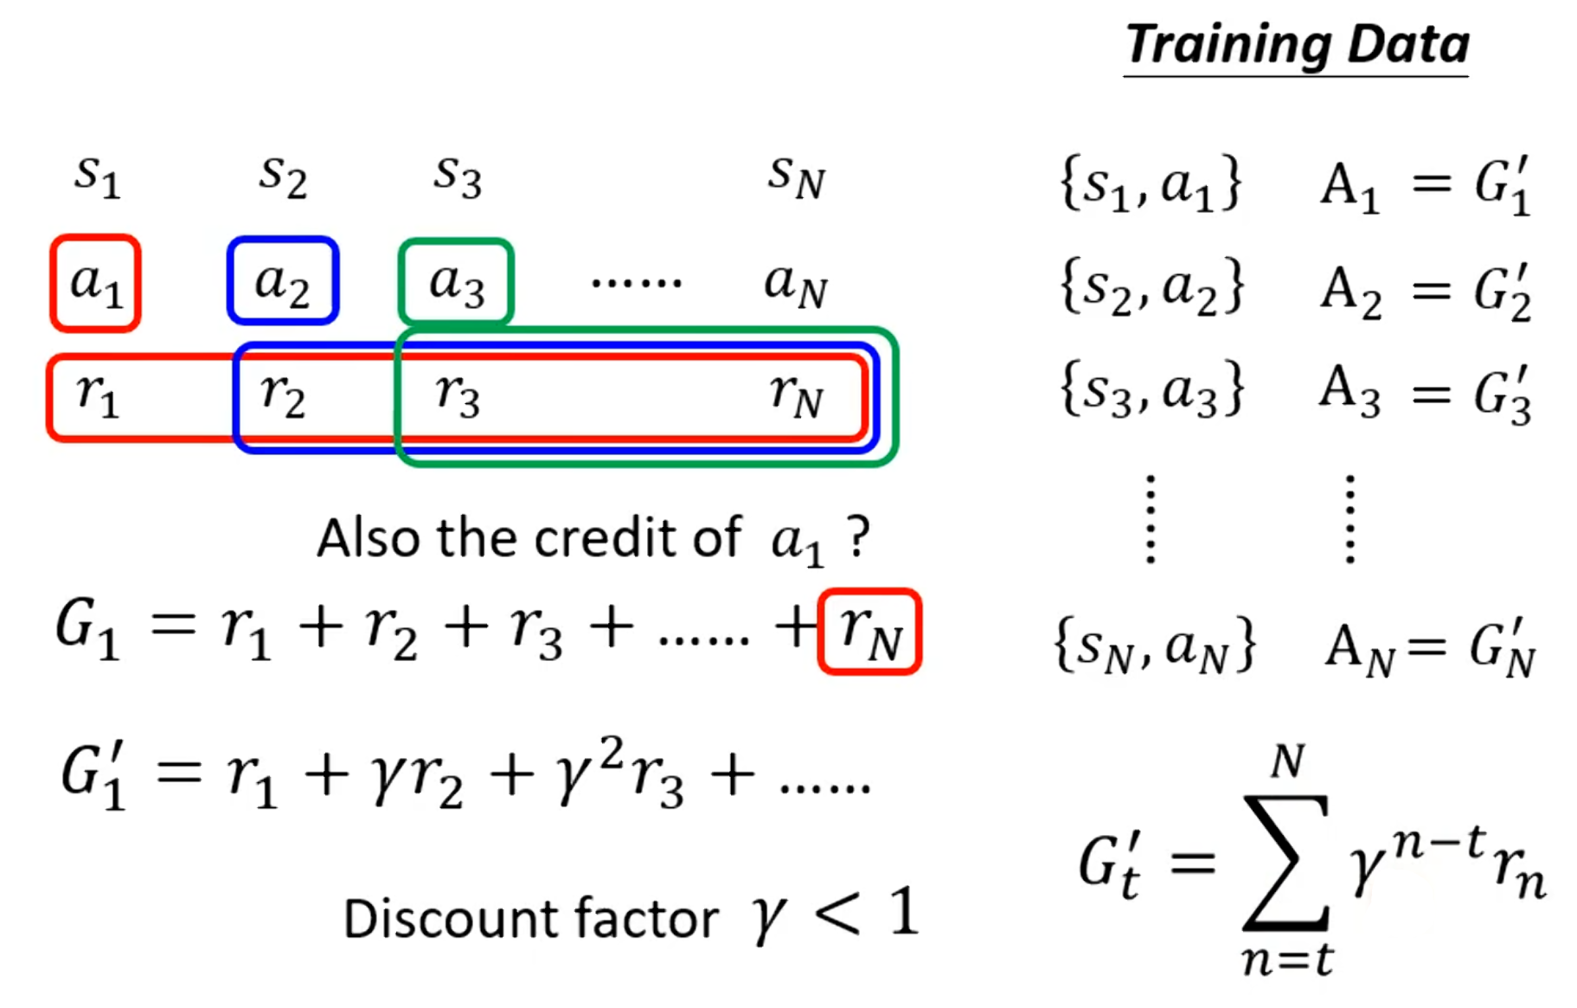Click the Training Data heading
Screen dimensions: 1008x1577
[1296, 45]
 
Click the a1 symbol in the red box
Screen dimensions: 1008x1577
[95, 283]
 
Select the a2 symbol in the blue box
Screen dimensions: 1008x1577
[282, 282]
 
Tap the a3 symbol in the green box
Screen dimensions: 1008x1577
[456, 283]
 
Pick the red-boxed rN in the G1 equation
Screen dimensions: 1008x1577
[869, 632]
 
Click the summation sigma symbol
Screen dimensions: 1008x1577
[1285, 862]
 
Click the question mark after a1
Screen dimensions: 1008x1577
[857, 538]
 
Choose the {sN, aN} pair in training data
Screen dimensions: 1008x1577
[1154, 645]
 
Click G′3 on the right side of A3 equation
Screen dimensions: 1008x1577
[1503, 394]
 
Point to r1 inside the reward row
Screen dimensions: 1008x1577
[97, 395]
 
